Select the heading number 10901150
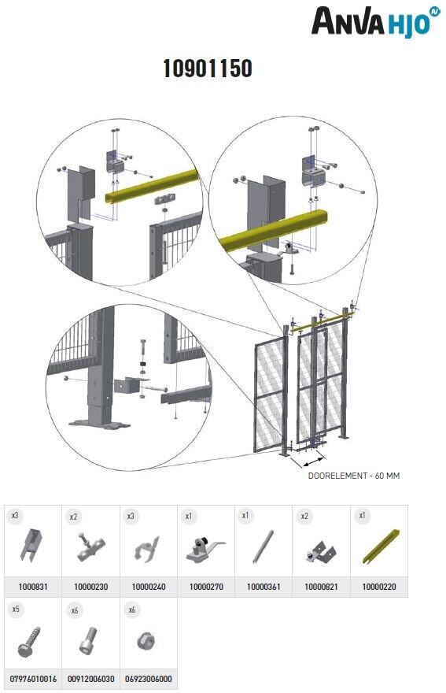tap(208, 69)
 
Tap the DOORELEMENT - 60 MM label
tap(353, 476)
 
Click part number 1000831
tap(32, 587)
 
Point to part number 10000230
tap(90, 587)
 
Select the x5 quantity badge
tap(16, 610)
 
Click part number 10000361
tap(264, 587)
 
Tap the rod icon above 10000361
tap(263, 548)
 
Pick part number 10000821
tap(321, 587)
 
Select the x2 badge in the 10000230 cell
tap(74, 517)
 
